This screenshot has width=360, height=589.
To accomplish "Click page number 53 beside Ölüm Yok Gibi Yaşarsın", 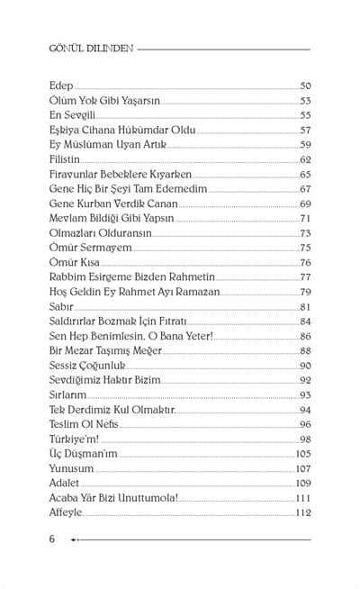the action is coord(305,101).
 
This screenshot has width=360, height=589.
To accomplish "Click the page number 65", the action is coord(305,174).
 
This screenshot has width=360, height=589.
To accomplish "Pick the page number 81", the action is coord(305,305).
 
